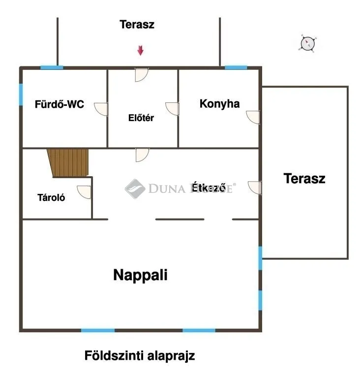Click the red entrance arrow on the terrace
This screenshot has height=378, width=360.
click(x=140, y=50)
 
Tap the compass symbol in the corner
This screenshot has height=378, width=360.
click(x=307, y=44)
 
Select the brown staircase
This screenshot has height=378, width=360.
click(x=69, y=163)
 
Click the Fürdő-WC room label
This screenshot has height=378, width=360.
click(x=59, y=104)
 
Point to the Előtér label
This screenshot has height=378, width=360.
click(x=141, y=118)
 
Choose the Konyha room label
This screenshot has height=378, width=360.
click(x=219, y=104)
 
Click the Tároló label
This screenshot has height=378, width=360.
click(x=52, y=198)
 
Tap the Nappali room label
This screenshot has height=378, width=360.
click(x=140, y=275)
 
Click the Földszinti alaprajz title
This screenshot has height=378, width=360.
click(x=140, y=355)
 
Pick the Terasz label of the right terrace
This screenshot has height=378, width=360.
click(x=304, y=179)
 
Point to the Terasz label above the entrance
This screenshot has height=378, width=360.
click(x=137, y=25)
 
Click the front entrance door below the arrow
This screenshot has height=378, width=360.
click(x=142, y=75)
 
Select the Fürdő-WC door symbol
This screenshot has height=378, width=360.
click(x=102, y=108)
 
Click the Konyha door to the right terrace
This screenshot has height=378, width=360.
click(x=254, y=117)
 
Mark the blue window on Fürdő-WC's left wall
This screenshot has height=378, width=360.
click(x=21, y=94)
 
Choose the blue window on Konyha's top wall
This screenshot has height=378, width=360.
click(x=236, y=67)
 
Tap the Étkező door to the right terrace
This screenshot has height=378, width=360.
click(x=255, y=188)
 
